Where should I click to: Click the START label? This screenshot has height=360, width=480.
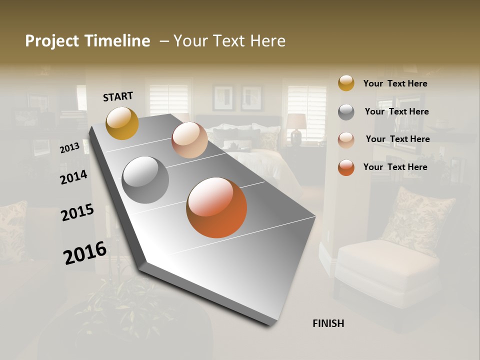[x=118, y=96]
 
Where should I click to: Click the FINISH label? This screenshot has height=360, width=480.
[x=328, y=323]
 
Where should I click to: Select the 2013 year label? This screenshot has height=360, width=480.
[x=70, y=147]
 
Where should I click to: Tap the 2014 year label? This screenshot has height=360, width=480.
[x=74, y=177]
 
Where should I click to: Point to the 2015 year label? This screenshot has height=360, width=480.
[x=77, y=212]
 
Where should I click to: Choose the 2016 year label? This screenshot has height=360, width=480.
[x=85, y=252]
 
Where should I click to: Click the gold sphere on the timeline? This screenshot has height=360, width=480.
[x=122, y=123]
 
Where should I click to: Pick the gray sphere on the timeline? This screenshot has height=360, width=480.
[x=145, y=179]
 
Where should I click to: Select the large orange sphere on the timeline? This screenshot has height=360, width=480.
[x=216, y=207]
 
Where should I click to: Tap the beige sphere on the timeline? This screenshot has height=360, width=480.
[x=189, y=140]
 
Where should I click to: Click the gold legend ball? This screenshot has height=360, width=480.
[x=346, y=83]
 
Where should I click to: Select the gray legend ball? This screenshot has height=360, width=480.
[x=346, y=112]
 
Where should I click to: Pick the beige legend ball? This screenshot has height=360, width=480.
[x=346, y=139]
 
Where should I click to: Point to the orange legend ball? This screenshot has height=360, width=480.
[x=346, y=167]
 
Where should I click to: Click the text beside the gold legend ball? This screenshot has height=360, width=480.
[x=395, y=83]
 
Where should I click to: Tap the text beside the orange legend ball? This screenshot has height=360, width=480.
[x=395, y=167]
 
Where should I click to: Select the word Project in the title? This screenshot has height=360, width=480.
[x=52, y=41]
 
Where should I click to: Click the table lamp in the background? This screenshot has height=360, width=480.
[x=296, y=127]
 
